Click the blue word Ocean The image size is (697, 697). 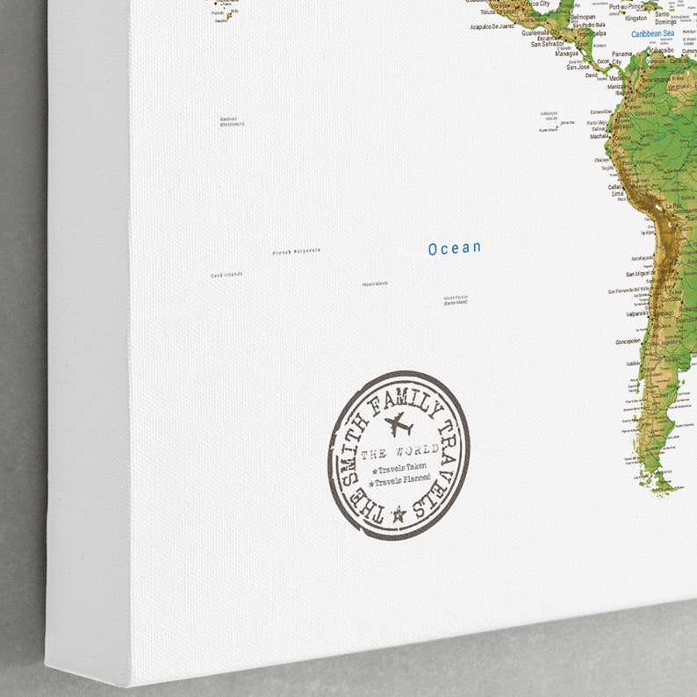pyautogui.click(x=455, y=248)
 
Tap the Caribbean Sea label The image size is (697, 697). pyautogui.click(x=652, y=34)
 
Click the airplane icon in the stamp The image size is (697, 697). pyautogui.click(x=399, y=425)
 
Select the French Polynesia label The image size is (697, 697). pyautogui.click(x=296, y=251)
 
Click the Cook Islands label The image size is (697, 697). pyautogui.click(x=226, y=275)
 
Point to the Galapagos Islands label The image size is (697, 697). pyautogui.click(x=549, y=115)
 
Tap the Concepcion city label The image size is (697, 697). pyautogui.click(x=628, y=341)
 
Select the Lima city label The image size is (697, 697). pyautogui.click(x=617, y=192)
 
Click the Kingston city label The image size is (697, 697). pyautogui.click(x=636, y=18)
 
